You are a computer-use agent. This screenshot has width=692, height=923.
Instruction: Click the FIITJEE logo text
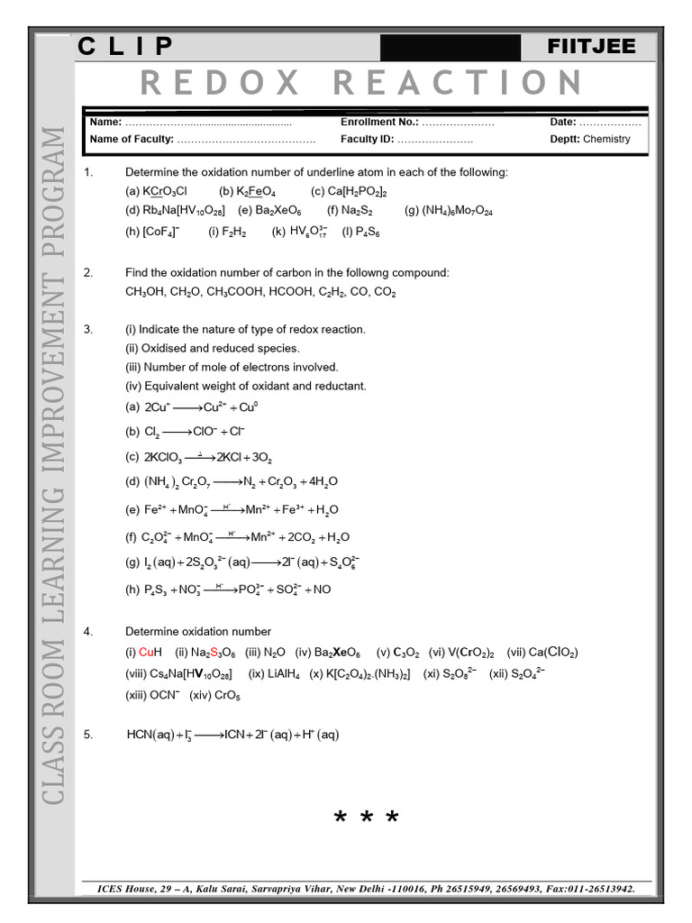591,47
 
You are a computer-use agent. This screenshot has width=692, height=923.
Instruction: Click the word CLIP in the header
127,47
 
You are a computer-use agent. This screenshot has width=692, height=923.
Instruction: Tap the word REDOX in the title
221,83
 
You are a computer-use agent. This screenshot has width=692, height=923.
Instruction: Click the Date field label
562,122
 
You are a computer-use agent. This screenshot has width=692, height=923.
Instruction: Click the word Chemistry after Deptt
606,140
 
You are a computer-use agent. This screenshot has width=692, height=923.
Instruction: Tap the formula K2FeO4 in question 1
257,191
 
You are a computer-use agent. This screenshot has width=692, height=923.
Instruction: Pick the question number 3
88,329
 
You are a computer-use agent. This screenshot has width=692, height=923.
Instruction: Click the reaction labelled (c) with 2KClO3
208,457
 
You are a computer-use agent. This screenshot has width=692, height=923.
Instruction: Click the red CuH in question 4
150,652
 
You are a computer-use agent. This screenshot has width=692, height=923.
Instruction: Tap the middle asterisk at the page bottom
366,818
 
